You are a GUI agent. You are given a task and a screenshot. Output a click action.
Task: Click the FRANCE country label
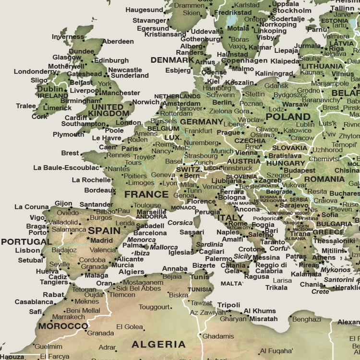(x=146, y=194)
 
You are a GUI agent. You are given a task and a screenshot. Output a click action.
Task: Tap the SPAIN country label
(x=104, y=230)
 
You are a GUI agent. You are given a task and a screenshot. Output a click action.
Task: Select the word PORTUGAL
(x=26, y=241)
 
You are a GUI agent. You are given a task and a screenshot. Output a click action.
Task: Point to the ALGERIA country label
(x=158, y=344)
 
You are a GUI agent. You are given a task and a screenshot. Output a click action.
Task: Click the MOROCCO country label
(x=63, y=326)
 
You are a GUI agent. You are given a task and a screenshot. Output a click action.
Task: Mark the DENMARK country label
(x=172, y=60)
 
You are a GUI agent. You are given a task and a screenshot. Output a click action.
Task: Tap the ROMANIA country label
(x=324, y=179)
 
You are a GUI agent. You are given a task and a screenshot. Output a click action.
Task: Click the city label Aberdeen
(x=118, y=41)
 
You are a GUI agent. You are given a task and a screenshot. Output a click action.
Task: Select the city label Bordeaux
(x=100, y=190)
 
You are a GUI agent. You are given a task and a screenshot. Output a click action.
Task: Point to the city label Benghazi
(x=306, y=319)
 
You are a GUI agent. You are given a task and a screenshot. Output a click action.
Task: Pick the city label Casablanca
(x=34, y=302)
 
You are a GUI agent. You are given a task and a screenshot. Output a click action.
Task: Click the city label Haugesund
(x=144, y=10)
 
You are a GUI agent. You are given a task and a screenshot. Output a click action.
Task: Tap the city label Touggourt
(x=155, y=307)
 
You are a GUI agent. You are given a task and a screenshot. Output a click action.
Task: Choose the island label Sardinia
(x=210, y=244)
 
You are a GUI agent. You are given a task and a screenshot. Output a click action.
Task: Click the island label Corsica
(x=180, y=223)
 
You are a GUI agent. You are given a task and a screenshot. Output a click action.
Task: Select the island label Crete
(x=320, y=291)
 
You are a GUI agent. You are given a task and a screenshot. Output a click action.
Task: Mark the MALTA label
(x=231, y=284)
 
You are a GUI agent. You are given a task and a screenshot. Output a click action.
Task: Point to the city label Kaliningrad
(x=274, y=74)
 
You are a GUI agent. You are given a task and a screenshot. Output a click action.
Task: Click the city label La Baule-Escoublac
(x=66, y=168)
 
